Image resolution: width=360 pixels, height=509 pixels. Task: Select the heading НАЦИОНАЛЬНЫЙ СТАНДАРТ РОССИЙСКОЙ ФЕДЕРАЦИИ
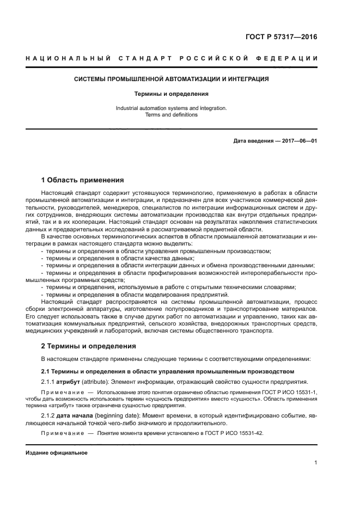(172, 58)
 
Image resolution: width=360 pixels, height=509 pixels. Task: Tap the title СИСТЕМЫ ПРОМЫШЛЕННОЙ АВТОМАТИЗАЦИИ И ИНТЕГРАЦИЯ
(172, 79)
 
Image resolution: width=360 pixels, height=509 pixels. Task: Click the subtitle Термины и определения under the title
(172, 94)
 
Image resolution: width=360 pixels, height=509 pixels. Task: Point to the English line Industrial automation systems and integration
(172, 108)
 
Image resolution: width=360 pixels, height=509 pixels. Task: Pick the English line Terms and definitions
(172, 115)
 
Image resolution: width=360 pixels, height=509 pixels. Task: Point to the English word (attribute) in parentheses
(97, 381)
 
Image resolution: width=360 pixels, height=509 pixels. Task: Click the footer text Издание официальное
(57, 452)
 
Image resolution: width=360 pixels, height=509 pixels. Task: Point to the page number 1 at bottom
(315, 463)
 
